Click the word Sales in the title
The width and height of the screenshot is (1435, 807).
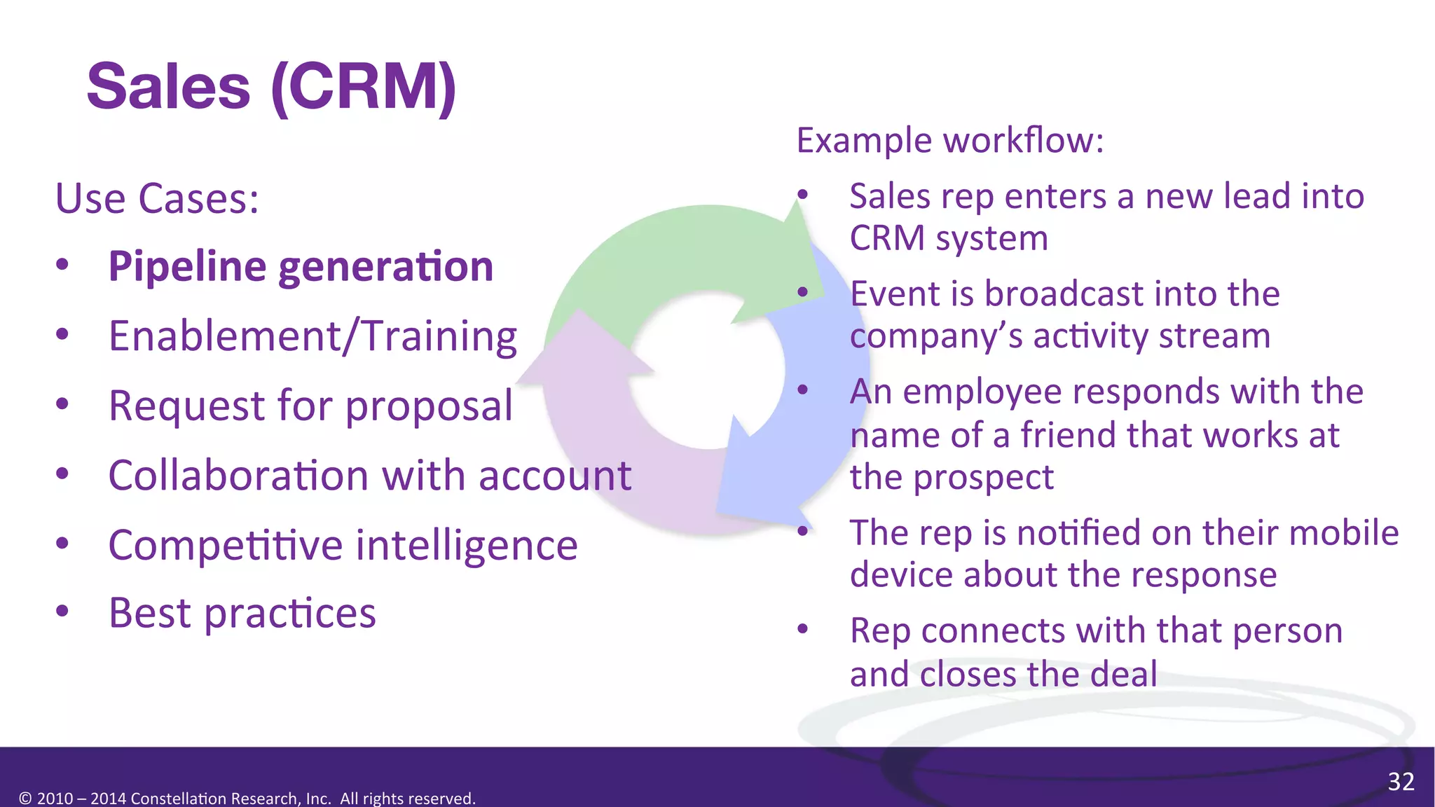pos(168,87)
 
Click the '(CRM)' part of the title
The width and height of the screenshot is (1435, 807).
pos(364,87)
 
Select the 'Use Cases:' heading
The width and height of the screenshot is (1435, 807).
pos(157,199)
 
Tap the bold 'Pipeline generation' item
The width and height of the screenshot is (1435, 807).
pos(301,267)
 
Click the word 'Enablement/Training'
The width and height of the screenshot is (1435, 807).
pos(313,336)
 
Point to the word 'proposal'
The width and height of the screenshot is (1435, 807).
pos(429,406)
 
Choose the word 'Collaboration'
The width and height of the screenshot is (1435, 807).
pos(239,476)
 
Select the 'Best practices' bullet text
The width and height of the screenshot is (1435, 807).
pos(242,614)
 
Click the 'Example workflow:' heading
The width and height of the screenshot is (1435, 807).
pos(950,141)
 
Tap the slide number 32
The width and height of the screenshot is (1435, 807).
pos(1401,782)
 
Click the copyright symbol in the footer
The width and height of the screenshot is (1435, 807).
pos(25,799)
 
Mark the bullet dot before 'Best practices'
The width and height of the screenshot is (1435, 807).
pos(62,612)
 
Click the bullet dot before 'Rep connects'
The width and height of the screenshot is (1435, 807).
pos(803,629)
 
